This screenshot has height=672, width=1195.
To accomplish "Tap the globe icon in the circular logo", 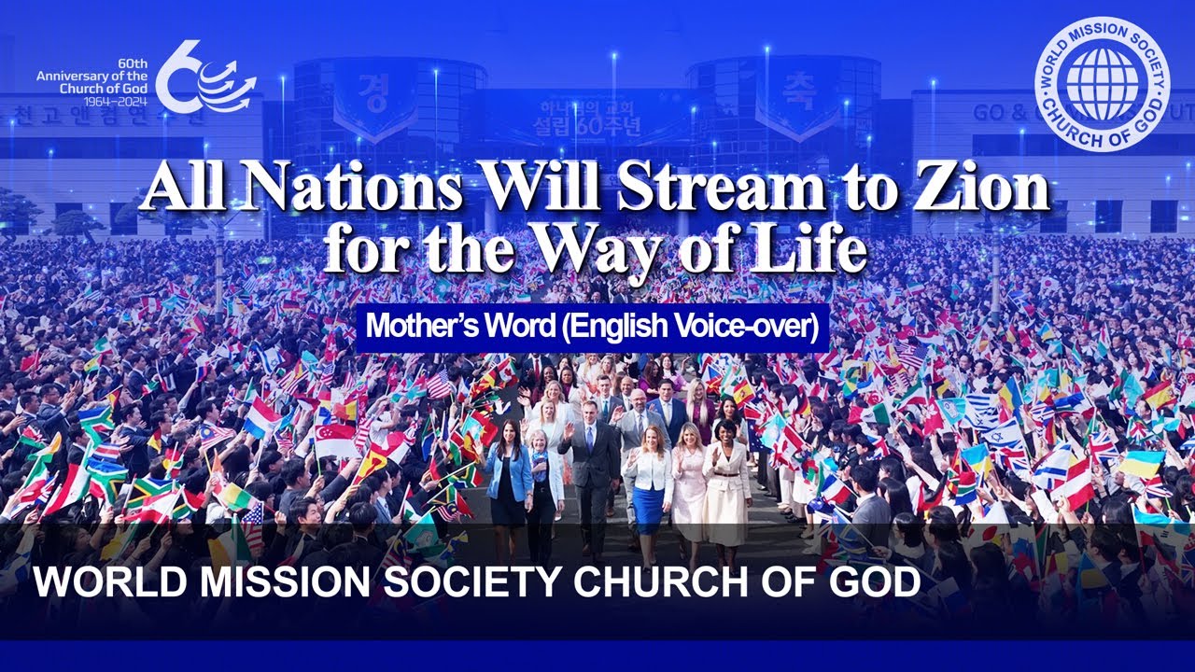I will pyautogui.click(x=1102, y=82).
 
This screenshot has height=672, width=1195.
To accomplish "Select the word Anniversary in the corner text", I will pyautogui.click(x=79, y=76).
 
